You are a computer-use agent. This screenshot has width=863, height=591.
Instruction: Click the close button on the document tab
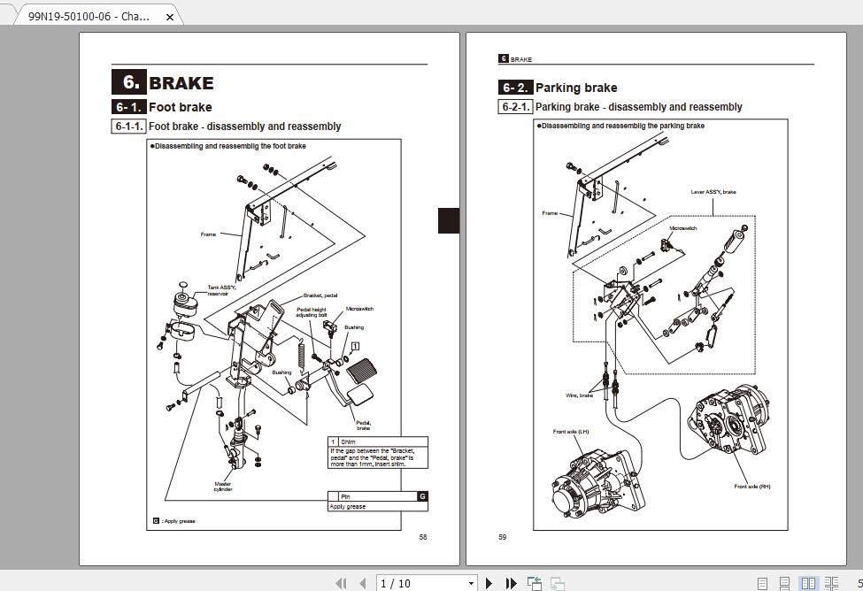click(x=170, y=17)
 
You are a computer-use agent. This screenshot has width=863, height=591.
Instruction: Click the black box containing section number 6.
click(x=128, y=82)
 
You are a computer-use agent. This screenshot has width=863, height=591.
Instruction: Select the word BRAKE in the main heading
click(x=181, y=83)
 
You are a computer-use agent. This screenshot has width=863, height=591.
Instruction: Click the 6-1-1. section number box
click(x=129, y=127)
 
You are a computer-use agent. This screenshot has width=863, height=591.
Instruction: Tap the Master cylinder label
click(x=223, y=487)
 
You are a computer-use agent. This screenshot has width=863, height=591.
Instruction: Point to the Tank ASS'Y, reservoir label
click(x=221, y=290)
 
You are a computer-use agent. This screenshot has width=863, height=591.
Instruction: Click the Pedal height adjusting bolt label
click(x=312, y=311)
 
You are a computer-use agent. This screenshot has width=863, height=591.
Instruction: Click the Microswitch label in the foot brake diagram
click(x=359, y=309)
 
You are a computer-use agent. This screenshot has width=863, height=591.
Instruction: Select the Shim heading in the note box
click(x=348, y=441)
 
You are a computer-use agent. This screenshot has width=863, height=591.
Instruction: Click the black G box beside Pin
click(x=422, y=496)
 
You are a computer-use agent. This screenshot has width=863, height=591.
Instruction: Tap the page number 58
click(x=422, y=537)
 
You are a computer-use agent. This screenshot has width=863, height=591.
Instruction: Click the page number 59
click(x=503, y=537)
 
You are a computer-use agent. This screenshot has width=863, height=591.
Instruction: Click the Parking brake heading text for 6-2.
click(x=576, y=88)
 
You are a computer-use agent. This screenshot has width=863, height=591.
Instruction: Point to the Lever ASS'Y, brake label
click(x=713, y=192)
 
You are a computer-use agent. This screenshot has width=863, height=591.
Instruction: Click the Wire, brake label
click(x=580, y=395)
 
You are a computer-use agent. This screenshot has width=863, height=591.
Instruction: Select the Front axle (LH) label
click(x=571, y=432)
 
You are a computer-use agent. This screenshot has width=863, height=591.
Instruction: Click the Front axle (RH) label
click(x=752, y=487)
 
